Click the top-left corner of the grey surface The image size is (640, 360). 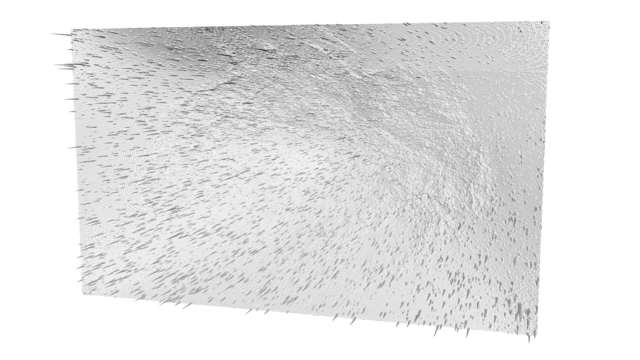tap(71, 29)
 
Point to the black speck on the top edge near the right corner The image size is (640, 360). tap(542, 22)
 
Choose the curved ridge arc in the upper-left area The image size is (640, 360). tap(207, 85)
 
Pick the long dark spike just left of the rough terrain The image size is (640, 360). tap(353, 157)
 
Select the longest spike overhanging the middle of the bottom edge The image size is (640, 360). tap(352, 322)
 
